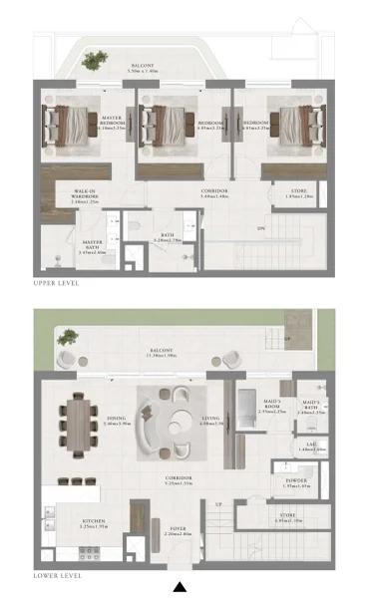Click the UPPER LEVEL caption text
click(56, 283)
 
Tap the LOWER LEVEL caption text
click(57, 575)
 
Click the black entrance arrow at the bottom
click(180, 587)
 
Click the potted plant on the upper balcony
click(94, 61)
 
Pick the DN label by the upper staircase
click(261, 228)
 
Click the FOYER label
click(180, 529)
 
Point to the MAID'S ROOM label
click(271, 406)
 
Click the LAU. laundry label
click(310, 448)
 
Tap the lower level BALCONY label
click(163, 350)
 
